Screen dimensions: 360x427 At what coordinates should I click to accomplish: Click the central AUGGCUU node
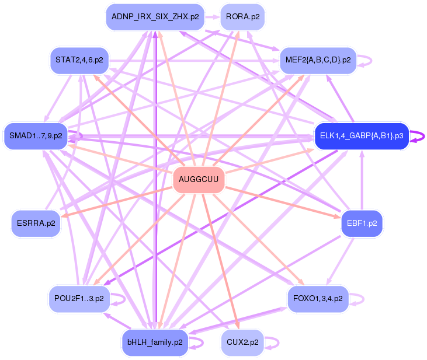point(199,180)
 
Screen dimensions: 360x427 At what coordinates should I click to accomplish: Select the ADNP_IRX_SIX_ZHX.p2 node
point(155,17)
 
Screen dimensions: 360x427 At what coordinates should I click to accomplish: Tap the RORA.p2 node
point(242,17)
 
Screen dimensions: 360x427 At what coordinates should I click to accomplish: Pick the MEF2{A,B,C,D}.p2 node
point(318,60)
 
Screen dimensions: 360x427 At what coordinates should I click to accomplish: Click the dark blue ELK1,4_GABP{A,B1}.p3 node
point(361,136)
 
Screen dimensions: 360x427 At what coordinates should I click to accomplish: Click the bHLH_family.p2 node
point(155,342)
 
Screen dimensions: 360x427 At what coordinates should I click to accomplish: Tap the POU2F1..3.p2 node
point(79,299)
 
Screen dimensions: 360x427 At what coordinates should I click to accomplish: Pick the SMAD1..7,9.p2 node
point(36,136)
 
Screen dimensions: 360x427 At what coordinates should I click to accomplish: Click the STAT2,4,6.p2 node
point(79,60)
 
